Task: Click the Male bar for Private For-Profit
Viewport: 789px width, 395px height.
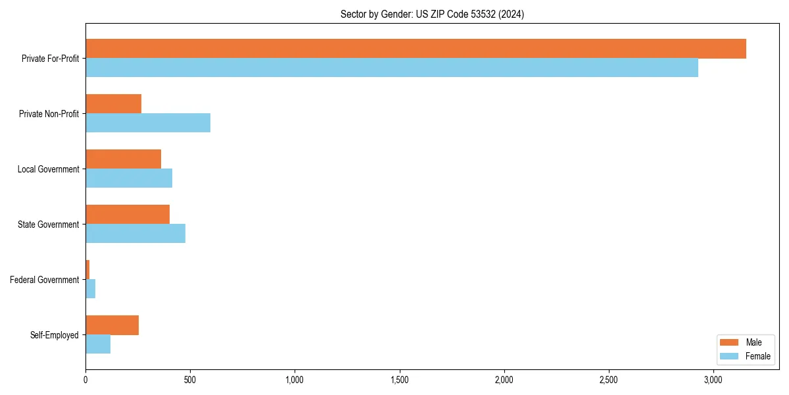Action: point(416,49)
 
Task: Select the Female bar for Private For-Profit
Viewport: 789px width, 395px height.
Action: point(392,67)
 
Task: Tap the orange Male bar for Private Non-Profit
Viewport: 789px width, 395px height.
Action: point(113,104)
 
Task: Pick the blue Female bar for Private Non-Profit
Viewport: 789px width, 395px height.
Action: point(148,122)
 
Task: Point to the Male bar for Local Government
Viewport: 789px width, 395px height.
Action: point(123,159)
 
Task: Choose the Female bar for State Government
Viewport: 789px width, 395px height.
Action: point(135,233)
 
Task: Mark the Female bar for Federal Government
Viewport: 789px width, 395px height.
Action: point(91,288)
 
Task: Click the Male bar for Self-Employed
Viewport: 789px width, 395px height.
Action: point(112,325)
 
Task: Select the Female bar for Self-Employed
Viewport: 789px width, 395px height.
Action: point(98,344)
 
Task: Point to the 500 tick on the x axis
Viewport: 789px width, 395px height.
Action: point(190,380)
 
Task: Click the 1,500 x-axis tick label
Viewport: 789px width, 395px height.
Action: point(399,380)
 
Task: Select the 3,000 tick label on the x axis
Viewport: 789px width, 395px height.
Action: point(713,380)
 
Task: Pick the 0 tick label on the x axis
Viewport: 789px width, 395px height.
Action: point(85,380)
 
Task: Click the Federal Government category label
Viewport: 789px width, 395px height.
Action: point(44,280)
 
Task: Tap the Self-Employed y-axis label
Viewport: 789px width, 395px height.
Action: point(54,335)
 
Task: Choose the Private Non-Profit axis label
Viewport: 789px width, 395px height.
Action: point(49,114)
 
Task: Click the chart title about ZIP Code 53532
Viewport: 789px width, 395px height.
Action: point(432,14)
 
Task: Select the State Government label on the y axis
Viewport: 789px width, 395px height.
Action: point(48,224)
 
